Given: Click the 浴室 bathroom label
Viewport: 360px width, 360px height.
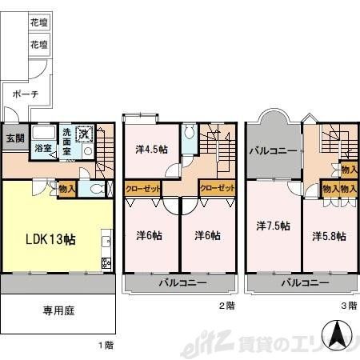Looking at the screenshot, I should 43,147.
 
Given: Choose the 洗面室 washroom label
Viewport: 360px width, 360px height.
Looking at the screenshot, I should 70,141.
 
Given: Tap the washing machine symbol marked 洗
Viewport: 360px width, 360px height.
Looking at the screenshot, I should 85,132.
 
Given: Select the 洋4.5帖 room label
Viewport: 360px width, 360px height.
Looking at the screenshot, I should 151,149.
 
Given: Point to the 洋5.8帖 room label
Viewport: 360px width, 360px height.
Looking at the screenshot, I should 329,236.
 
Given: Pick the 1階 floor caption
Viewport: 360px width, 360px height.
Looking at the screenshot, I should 106,346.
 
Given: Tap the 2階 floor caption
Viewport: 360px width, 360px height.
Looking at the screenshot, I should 227,305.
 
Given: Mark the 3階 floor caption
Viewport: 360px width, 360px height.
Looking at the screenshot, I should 348,305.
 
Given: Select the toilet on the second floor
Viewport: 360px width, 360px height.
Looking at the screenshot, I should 188,137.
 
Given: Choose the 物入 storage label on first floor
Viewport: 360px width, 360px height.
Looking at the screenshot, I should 68,190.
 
